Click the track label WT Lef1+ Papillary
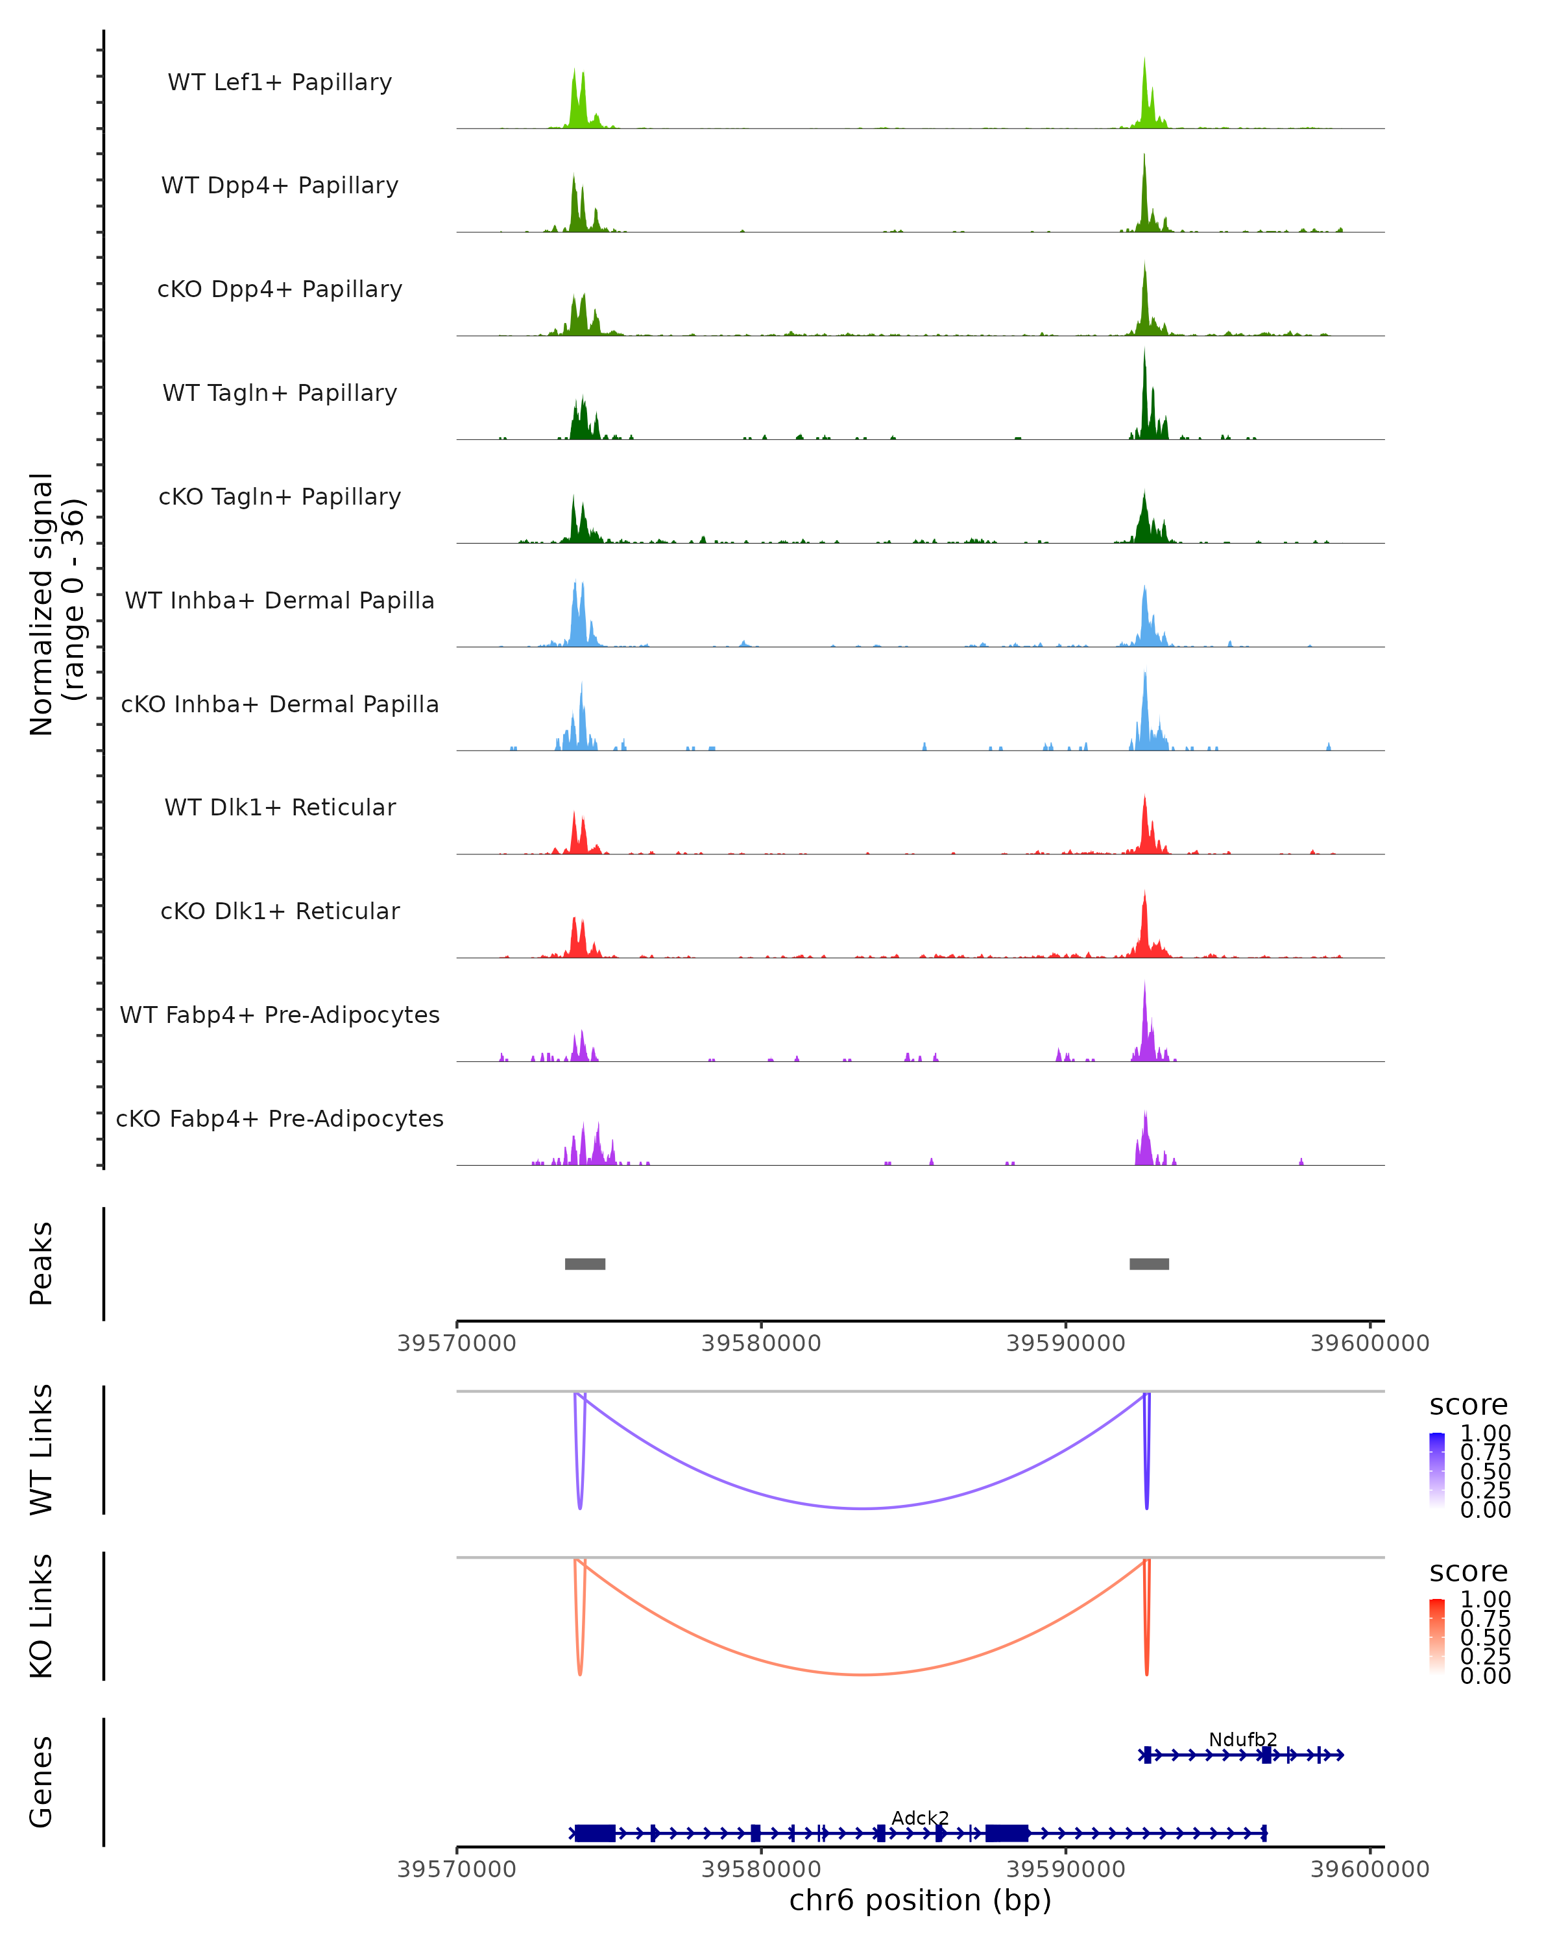(x=280, y=82)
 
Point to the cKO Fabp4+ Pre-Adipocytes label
(x=280, y=1118)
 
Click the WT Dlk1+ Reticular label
(x=280, y=807)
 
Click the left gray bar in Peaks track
(x=585, y=1264)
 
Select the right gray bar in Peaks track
(x=1149, y=1264)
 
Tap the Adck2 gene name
(x=920, y=1818)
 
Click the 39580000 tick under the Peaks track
(x=761, y=1343)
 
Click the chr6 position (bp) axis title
(x=920, y=1900)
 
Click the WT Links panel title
(x=42, y=1450)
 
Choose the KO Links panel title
(x=42, y=1616)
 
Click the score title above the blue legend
(x=1469, y=1406)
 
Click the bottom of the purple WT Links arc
(x=863, y=1508)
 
